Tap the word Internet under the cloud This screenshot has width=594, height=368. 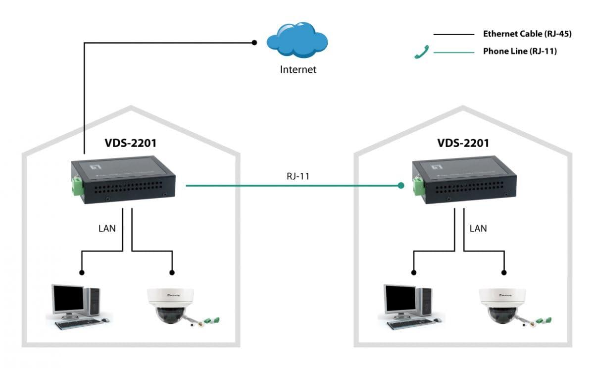(298, 69)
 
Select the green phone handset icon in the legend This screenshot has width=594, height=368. (421, 51)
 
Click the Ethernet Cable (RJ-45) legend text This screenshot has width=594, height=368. (520, 34)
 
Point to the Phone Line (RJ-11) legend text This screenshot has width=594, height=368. (520, 51)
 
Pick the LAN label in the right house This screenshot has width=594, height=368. (478, 228)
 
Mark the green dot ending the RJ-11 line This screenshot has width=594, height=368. (401, 186)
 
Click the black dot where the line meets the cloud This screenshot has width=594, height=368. (254, 43)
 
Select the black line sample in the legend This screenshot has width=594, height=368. (453, 35)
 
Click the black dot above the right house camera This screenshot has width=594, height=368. (504, 272)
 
